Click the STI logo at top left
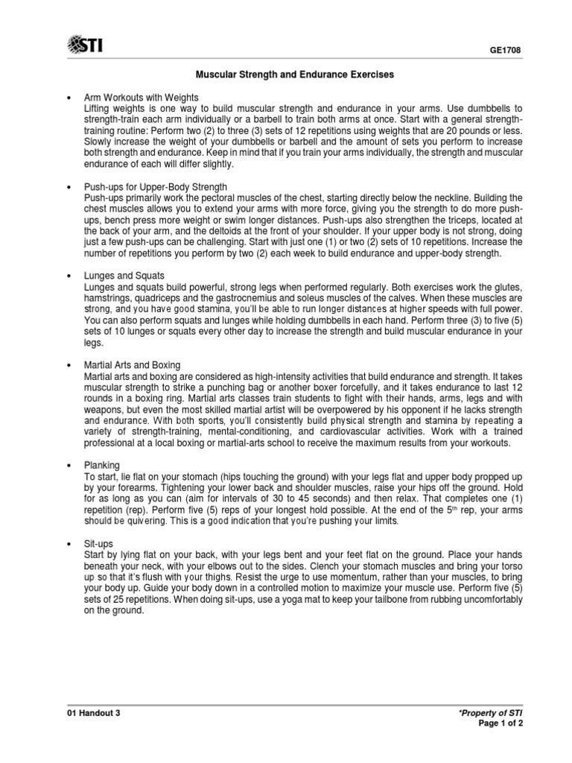coord(86,46)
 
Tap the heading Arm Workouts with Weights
coord(142,98)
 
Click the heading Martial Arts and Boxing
coord(133,364)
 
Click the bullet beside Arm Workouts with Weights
coord(69,98)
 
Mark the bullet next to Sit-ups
coord(69,544)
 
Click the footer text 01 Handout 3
coord(93,712)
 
